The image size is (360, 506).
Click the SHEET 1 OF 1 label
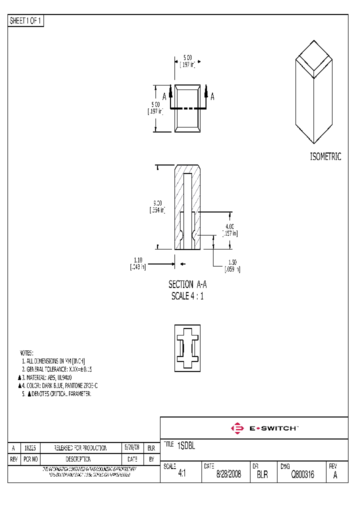[26, 21]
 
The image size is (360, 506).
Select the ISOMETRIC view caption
[325, 156]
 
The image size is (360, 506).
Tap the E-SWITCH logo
[264, 428]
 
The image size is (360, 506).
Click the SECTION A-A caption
[187, 284]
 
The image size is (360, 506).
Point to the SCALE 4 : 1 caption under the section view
[187, 295]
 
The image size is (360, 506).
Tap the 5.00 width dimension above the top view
[187, 57]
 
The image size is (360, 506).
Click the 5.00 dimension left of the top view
[156, 104]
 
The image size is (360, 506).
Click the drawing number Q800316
[302, 475]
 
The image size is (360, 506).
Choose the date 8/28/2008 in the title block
[228, 475]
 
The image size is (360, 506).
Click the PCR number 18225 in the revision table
[29, 448]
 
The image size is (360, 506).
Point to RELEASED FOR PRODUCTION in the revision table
[80, 448]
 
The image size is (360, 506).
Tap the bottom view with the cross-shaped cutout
[187, 348]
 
